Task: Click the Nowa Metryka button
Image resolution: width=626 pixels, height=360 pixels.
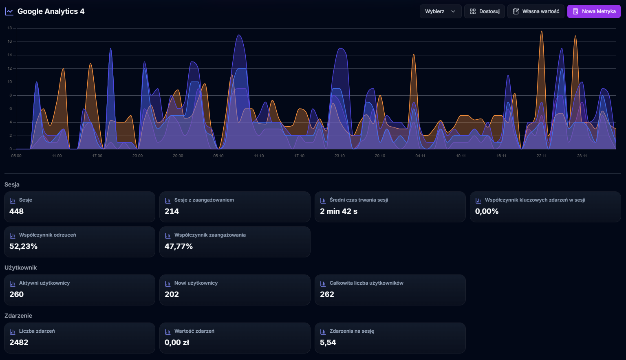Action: coord(594,11)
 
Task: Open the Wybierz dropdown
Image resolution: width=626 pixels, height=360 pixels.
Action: coord(440,11)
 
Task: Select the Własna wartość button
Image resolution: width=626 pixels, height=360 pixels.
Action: coord(536,11)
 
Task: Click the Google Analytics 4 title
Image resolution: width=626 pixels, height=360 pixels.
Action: coord(51,11)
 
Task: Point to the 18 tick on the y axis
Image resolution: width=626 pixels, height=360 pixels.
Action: coord(10,28)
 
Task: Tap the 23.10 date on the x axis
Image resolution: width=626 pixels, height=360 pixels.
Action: coord(339,156)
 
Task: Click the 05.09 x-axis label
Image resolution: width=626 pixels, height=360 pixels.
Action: coord(16,156)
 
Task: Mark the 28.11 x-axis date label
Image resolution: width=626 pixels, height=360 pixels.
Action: coord(582,156)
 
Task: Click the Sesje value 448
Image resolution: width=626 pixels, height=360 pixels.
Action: coord(17,211)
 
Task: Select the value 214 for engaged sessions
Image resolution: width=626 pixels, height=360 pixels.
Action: coord(172,211)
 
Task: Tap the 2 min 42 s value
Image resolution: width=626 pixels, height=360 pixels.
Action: coord(338,211)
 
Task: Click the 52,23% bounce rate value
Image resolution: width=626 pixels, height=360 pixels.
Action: coord(23,246)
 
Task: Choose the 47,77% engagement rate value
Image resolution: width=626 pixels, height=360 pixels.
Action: coord(179,246)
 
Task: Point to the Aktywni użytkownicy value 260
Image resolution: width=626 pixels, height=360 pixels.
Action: coord(17,294)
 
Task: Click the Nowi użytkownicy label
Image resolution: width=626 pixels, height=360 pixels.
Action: coord(196,283)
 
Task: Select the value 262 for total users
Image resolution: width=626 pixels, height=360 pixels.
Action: coord(327,294)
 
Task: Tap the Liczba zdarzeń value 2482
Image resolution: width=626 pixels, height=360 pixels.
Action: coord(19,342)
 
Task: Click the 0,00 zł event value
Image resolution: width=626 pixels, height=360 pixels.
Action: coord(177,342)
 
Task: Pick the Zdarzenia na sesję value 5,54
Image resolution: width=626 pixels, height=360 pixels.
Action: coord(328,342)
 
